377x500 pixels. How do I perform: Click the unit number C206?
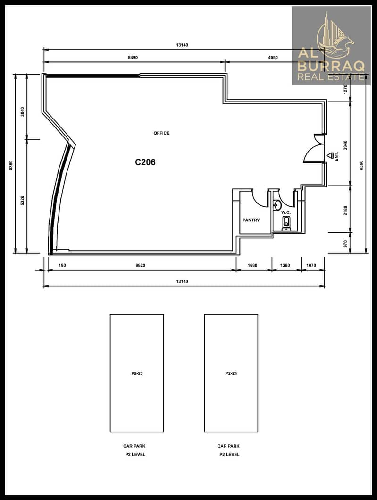[x=145, y=162]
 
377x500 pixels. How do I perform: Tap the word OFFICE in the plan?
[x=161, y=133]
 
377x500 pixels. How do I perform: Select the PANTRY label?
[x=251, y=220]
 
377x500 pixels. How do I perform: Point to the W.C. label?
[x=286, y=212]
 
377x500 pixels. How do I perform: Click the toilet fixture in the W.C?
[x=286, y=223]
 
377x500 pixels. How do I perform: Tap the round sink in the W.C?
[x=276, y=204]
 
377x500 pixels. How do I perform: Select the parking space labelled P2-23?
[x=137, y=373]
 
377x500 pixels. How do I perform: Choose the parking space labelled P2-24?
[x=231, y=373]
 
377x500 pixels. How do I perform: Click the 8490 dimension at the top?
[x=133, y=58]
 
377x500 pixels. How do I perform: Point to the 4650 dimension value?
[x=273, y=58]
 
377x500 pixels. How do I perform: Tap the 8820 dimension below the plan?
[x=140, y=265]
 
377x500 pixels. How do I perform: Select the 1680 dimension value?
[x=252, y=265]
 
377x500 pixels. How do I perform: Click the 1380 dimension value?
[x=285, y=265]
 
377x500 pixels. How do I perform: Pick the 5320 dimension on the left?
[x=22, y=201]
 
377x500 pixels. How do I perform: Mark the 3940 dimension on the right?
[x=346, y=145]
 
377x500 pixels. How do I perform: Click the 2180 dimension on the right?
[x=346, y=211]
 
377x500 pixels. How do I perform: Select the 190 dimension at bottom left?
[x=62, y=265]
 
